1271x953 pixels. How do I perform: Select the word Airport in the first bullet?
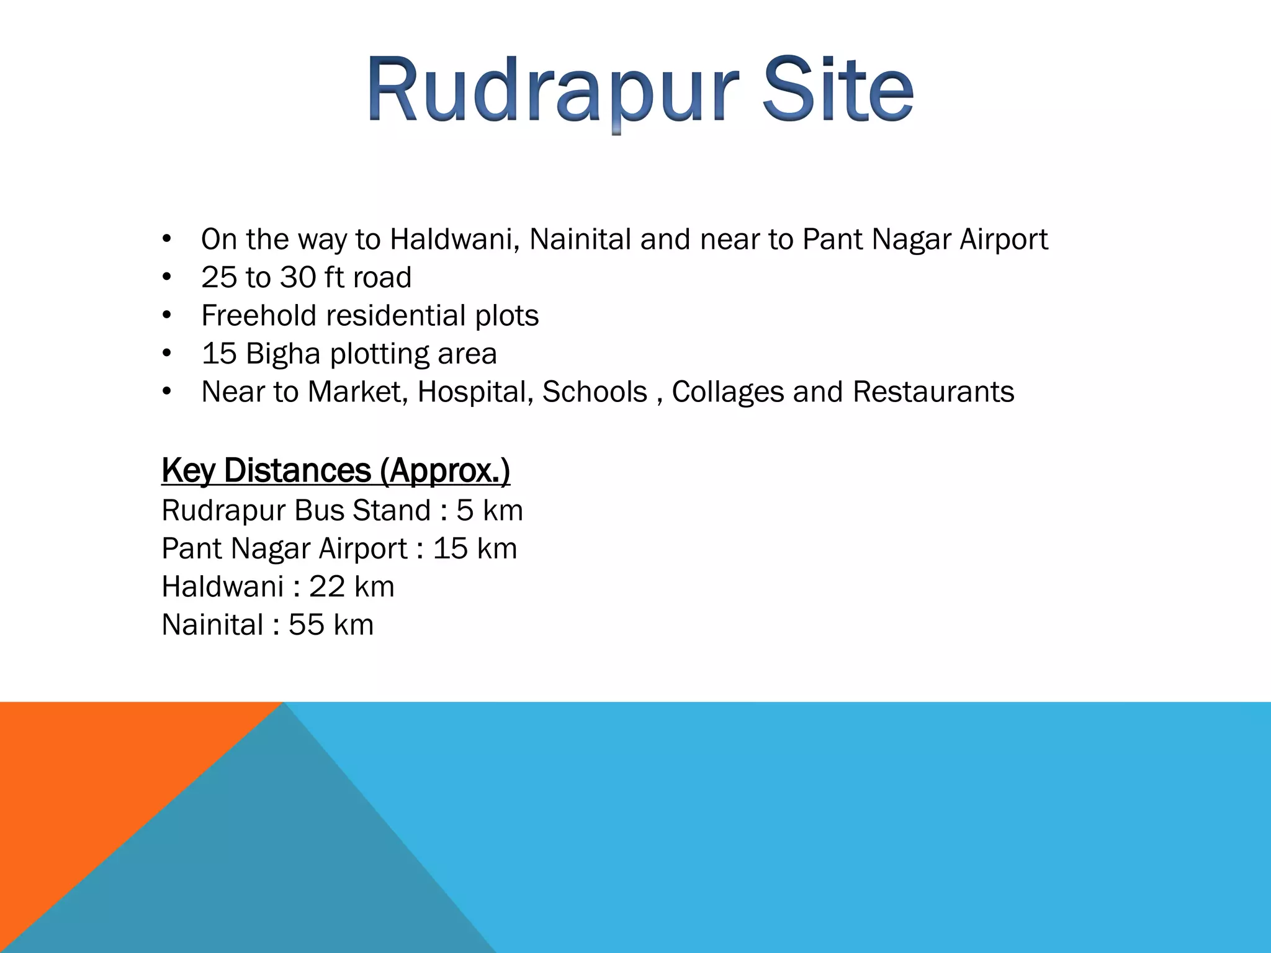[x=1004, y=239]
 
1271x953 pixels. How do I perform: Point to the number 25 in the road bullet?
[x=219, y=277]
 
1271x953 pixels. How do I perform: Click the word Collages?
[x=727, y=392]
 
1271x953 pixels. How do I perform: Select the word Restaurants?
[x=933, y=392]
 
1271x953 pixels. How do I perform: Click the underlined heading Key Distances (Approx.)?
[x=335, y=470]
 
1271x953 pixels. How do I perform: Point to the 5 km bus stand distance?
[x=490, y=511]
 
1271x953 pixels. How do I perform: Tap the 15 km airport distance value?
[x=475, y=548]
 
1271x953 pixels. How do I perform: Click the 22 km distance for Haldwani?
[x=351, y=587]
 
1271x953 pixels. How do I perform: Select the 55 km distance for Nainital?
[x=331, y=625]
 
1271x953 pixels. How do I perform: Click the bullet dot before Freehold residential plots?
[x=166, y=316]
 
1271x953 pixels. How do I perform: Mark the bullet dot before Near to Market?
[x=166, y=392]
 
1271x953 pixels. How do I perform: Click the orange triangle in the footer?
[x=74, y=776]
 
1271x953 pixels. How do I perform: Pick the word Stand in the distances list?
[x=391, y=511]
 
